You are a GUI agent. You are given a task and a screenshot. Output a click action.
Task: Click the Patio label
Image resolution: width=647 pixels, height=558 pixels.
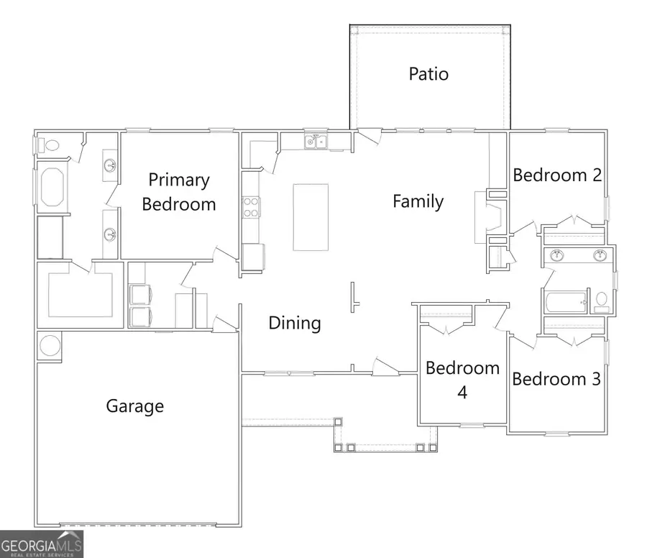point(428,73)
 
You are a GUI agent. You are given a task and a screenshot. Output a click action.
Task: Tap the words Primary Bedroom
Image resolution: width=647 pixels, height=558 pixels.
point(178,192)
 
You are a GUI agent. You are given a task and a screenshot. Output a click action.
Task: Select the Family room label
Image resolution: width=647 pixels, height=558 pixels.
point(418,201)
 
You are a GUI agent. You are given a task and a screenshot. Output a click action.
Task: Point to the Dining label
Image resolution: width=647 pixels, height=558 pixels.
point(295,323)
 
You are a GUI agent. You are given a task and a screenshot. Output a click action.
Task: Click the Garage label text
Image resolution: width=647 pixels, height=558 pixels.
point(135,406)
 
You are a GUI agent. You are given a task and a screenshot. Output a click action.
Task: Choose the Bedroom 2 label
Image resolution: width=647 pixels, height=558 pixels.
point(557,175)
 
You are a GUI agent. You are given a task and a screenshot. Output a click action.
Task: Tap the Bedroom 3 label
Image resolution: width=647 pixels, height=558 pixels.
point(556,379)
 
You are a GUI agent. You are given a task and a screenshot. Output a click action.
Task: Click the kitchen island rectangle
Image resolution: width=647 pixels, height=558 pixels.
point(311,217)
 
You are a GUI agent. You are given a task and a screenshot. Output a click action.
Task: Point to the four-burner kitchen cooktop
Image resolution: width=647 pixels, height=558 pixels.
point(251,207)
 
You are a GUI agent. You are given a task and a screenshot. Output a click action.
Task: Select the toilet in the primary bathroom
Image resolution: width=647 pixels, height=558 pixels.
point(49,145)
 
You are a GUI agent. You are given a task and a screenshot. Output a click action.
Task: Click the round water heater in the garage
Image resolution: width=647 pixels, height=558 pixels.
point(50,346)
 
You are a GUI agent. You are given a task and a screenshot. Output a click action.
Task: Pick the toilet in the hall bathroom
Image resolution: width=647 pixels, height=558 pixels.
point(601,301)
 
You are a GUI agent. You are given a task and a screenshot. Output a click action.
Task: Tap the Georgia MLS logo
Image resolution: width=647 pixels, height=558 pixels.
point(42,544)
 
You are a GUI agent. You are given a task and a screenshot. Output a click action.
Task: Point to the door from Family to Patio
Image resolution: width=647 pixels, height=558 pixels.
point(370,134)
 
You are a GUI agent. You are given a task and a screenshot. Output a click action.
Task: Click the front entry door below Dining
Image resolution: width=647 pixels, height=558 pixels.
point(386,367)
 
